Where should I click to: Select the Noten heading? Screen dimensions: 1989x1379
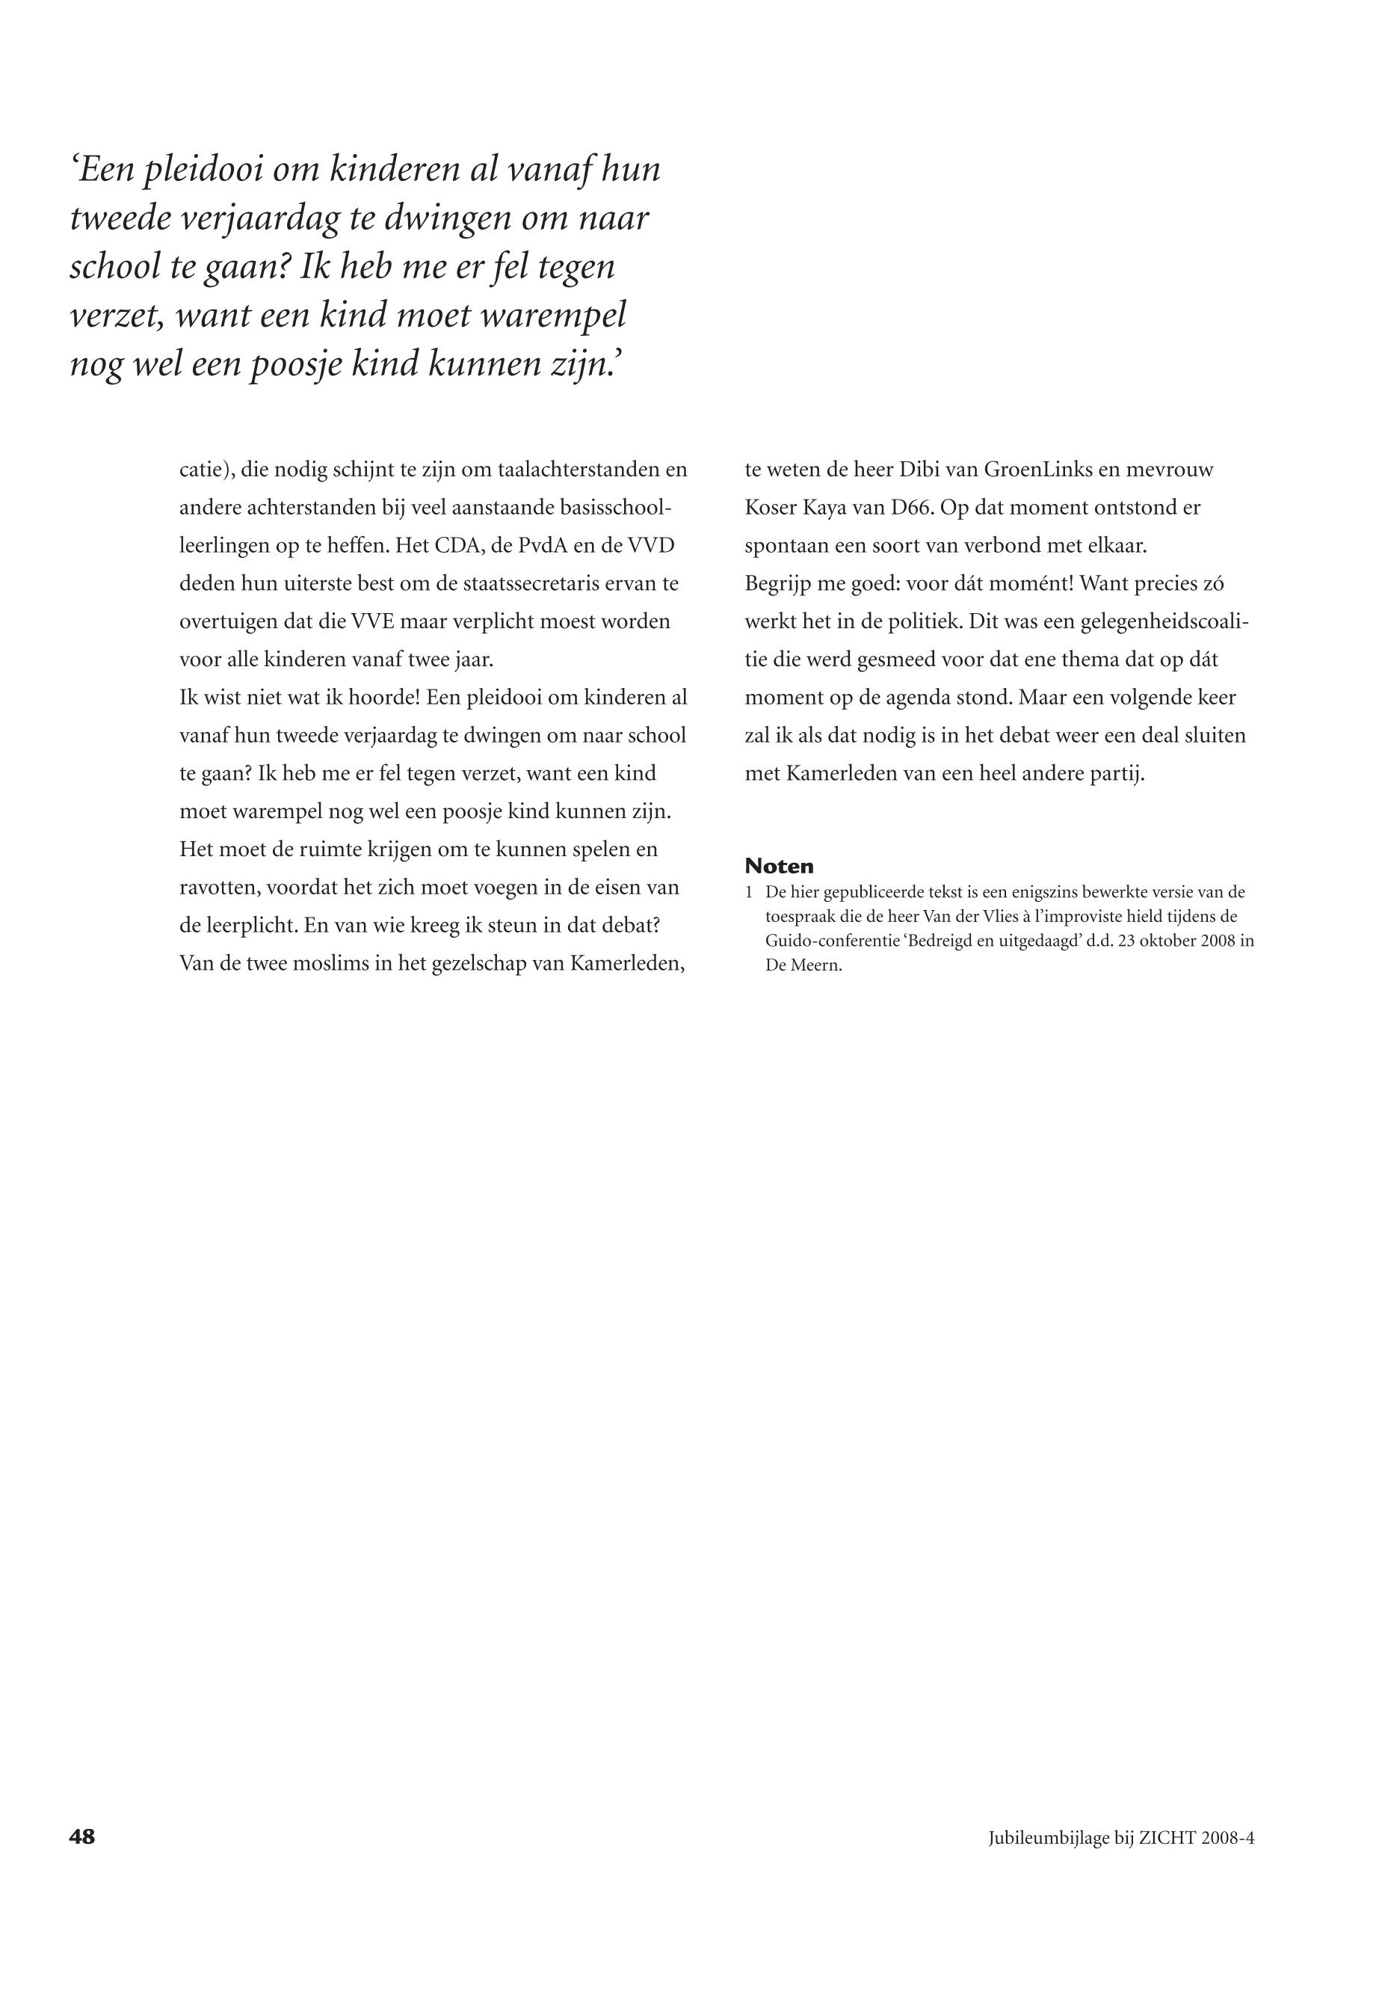pos(779,866)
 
